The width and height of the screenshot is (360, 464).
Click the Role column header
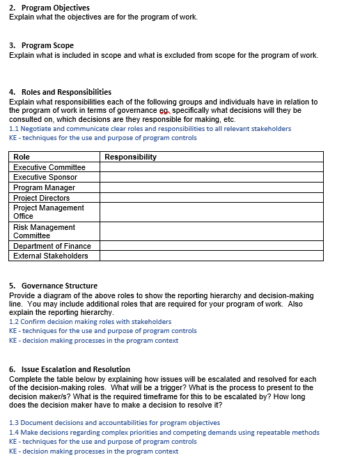[22, 157]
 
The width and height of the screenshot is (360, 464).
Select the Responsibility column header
[130, 157]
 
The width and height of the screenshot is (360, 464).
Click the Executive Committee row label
[49, 167]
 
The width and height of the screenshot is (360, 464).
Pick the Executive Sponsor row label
[45, 177]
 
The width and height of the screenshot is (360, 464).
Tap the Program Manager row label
[44, 187]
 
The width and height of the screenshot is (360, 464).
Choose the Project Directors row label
[42, 198]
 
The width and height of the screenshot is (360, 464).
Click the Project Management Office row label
[49, 212]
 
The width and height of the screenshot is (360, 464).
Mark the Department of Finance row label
[52, 246]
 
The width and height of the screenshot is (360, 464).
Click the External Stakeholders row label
[51, 256]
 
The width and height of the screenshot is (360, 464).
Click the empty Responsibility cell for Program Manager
[212, 187]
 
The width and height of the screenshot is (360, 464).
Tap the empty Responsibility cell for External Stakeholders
[212, 256]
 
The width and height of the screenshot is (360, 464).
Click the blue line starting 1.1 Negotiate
[150, 129]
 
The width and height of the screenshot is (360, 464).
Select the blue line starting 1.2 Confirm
[90, 322]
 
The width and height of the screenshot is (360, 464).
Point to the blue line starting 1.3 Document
[114, 423]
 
